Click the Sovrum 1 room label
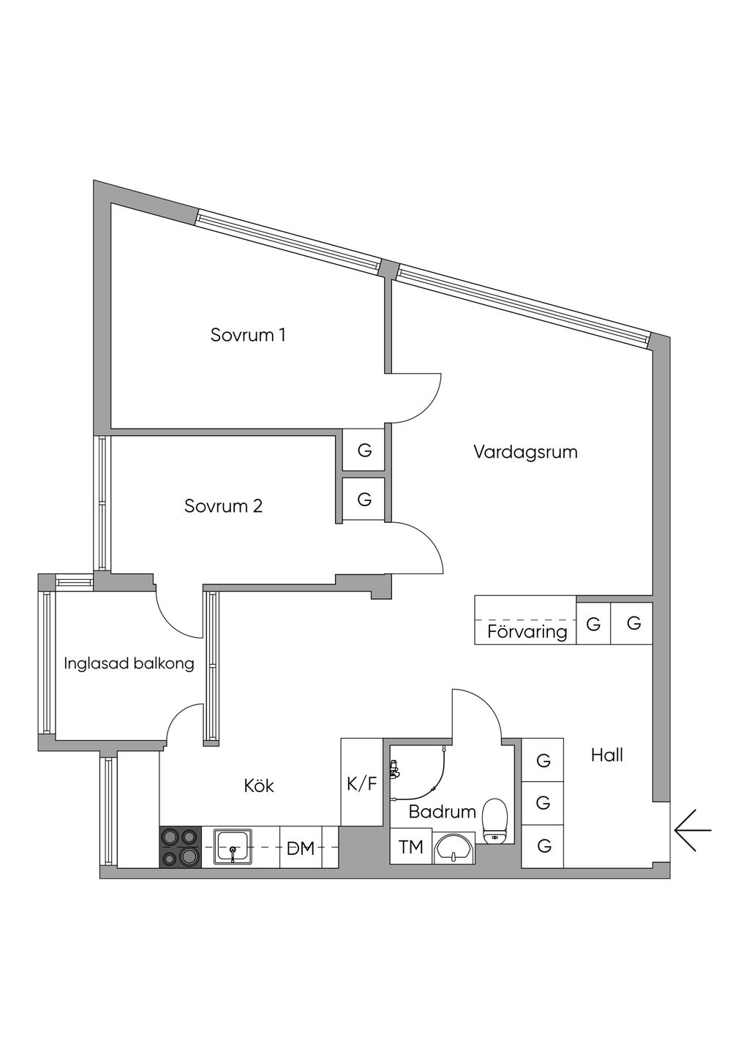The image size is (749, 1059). tap(248, 335)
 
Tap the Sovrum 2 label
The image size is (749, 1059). tap(223, 506)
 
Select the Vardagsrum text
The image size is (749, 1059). tap(525, 452)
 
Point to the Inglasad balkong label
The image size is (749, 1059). tap(129, 663)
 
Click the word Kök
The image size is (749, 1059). tap(259, 785)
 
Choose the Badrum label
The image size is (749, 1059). tap(442, 811)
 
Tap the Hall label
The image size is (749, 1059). tap(606, 755)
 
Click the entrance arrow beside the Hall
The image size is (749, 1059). tap(692, 831)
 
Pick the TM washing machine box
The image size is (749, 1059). tap(411, 847)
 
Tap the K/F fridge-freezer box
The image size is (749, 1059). tap(362, 784)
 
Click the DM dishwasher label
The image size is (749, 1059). tap(301, 848)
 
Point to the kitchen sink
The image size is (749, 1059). tap(233, 847)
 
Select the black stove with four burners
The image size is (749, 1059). tap(181, 847)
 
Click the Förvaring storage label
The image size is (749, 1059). tap(527, 631)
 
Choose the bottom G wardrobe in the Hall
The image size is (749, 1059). tap(543, 846)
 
